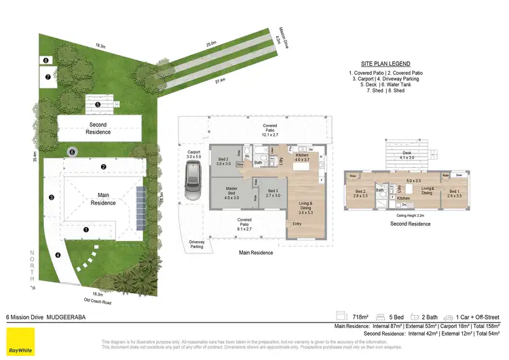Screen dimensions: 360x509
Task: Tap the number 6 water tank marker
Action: coord(72,153)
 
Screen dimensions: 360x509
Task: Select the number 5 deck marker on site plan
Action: coord(98,105)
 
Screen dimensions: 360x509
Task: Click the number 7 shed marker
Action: coord(48,77)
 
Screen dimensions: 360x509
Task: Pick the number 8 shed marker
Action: coord(45,61)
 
